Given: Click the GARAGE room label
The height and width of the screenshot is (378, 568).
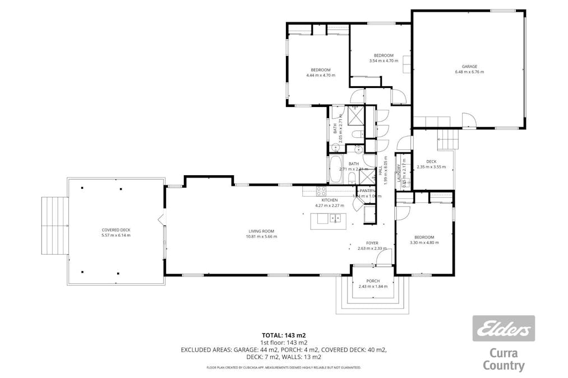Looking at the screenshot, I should (x=469, y=67).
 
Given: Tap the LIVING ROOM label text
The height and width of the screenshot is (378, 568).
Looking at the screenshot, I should (x=262, y=231).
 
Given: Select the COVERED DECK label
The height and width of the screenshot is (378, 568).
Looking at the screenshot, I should (x=116, y=230).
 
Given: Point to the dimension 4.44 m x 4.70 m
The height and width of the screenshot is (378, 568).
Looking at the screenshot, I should (x=320, y=75).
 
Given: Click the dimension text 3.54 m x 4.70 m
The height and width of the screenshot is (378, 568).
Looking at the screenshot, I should (x=384, y=60).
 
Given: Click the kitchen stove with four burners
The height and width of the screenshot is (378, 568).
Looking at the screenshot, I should (x=322, y=190).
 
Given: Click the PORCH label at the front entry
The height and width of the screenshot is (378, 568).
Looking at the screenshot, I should (x=373, y=281).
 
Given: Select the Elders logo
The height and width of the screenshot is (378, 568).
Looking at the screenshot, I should (x=503, y=329).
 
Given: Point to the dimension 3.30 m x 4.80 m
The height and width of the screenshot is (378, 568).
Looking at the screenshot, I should (x=424, y=243).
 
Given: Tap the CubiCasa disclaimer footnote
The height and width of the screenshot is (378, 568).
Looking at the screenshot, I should (x=283, y=367).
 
